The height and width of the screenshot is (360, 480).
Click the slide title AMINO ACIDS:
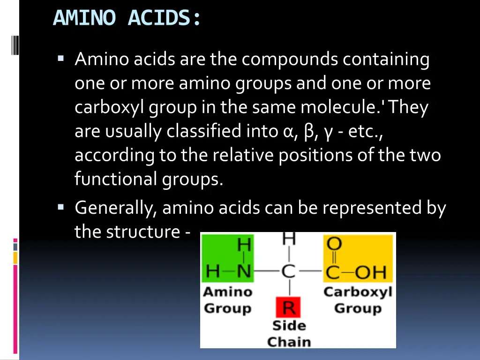click(127, 18)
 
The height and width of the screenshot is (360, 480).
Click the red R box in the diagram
click(289, 308)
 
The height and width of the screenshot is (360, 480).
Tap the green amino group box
click(228, 258)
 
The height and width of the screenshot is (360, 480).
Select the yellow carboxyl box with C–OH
click(358, 258)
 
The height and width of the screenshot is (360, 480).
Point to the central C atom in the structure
click(289, 271)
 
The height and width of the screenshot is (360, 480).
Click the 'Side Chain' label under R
click(289, 333)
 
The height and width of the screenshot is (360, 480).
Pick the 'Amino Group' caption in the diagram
click(228, 300)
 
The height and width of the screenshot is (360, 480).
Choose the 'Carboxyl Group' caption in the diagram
click(358, 300)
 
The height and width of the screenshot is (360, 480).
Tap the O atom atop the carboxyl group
click(334, 244)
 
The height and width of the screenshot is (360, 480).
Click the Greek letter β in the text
click(308, 132)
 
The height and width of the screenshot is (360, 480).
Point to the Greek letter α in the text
click(288, 132)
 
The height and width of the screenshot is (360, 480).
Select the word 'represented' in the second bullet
click(372, 208)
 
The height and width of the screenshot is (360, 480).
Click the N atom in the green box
click(244, 271)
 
